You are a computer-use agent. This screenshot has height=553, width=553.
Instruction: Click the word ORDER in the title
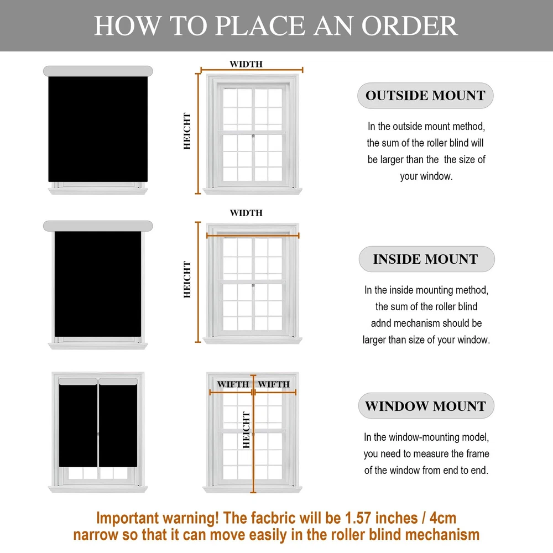(409, 26)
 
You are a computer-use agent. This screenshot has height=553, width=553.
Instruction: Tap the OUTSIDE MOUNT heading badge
(425, 96)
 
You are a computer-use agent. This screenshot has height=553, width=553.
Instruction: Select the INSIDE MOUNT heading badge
(426, 259)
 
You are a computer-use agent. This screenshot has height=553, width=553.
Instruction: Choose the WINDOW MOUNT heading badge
(426, 406)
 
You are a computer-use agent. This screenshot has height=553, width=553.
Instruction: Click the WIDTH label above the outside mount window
(246, 64)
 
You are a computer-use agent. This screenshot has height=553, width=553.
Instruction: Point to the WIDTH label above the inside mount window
(246, 213)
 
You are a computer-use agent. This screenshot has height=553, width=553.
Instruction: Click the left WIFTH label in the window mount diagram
(233, 384)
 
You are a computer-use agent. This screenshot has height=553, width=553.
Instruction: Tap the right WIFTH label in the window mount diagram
(274, 384)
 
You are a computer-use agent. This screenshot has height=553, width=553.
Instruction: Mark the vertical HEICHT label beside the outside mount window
(187, 131)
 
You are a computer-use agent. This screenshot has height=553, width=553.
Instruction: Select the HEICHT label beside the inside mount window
(187, 279)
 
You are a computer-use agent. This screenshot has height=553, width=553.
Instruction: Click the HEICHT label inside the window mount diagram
(246, 430)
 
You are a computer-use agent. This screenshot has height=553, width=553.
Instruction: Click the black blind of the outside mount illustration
(98, 129)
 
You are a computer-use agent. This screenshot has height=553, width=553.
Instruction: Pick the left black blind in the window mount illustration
(78, 426)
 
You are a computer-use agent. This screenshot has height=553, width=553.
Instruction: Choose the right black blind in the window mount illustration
(118, 426)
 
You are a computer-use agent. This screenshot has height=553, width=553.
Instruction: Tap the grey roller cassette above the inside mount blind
(98, 226)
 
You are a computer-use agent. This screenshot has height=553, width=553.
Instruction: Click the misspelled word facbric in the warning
(273, 518)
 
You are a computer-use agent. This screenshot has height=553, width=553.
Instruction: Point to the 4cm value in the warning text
(443, 518)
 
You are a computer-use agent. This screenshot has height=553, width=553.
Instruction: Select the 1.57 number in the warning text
(358, 518)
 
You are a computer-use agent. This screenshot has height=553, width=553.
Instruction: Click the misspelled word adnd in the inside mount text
(381, 323)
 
